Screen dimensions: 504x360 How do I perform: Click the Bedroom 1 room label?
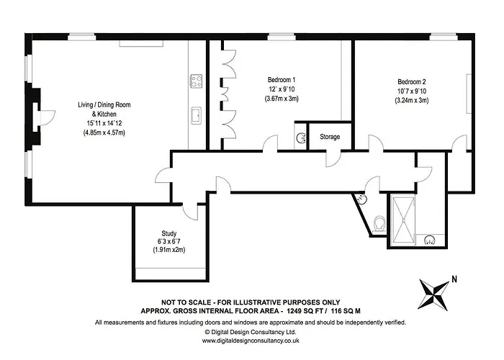pyautogui.click(x=282, y=80)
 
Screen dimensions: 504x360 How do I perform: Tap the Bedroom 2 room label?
pyautogui.click(x=411, y=81)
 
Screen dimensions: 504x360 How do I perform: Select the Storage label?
pyautogui.click(x=330, y=137)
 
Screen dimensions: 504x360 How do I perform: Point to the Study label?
pyautogui.click(x=168, y=233)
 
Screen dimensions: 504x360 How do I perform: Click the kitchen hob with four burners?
pyautogui.click(x=196, y=81)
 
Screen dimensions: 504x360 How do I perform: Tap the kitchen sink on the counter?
pyautogui.click(x=196, y=115)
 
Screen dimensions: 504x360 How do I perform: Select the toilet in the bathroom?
pyautogui.click(x=380, y=223)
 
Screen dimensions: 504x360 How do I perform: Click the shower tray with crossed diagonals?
pyautogui.click(x=403, y=220)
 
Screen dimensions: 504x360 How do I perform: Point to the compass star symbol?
pyautogui.click(x=433, y=294)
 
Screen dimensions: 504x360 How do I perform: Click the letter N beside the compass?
pyautogui.click(x=454, y=279)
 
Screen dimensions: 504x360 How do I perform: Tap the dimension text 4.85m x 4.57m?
pyautogui.click(x=104, y=132)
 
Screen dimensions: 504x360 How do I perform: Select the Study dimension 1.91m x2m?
pyautogui.click(x=168, y=250)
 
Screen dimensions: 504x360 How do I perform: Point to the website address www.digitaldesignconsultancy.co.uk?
pyautogui.click(x=251, y=341)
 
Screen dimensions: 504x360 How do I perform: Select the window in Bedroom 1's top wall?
pyautogui.click(x=282, y=37)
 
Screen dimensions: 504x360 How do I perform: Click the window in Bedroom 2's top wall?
pyautogui.click(x=444, y=37)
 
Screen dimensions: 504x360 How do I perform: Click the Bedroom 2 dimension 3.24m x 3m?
pyautogui.click(x=411, y=100)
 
